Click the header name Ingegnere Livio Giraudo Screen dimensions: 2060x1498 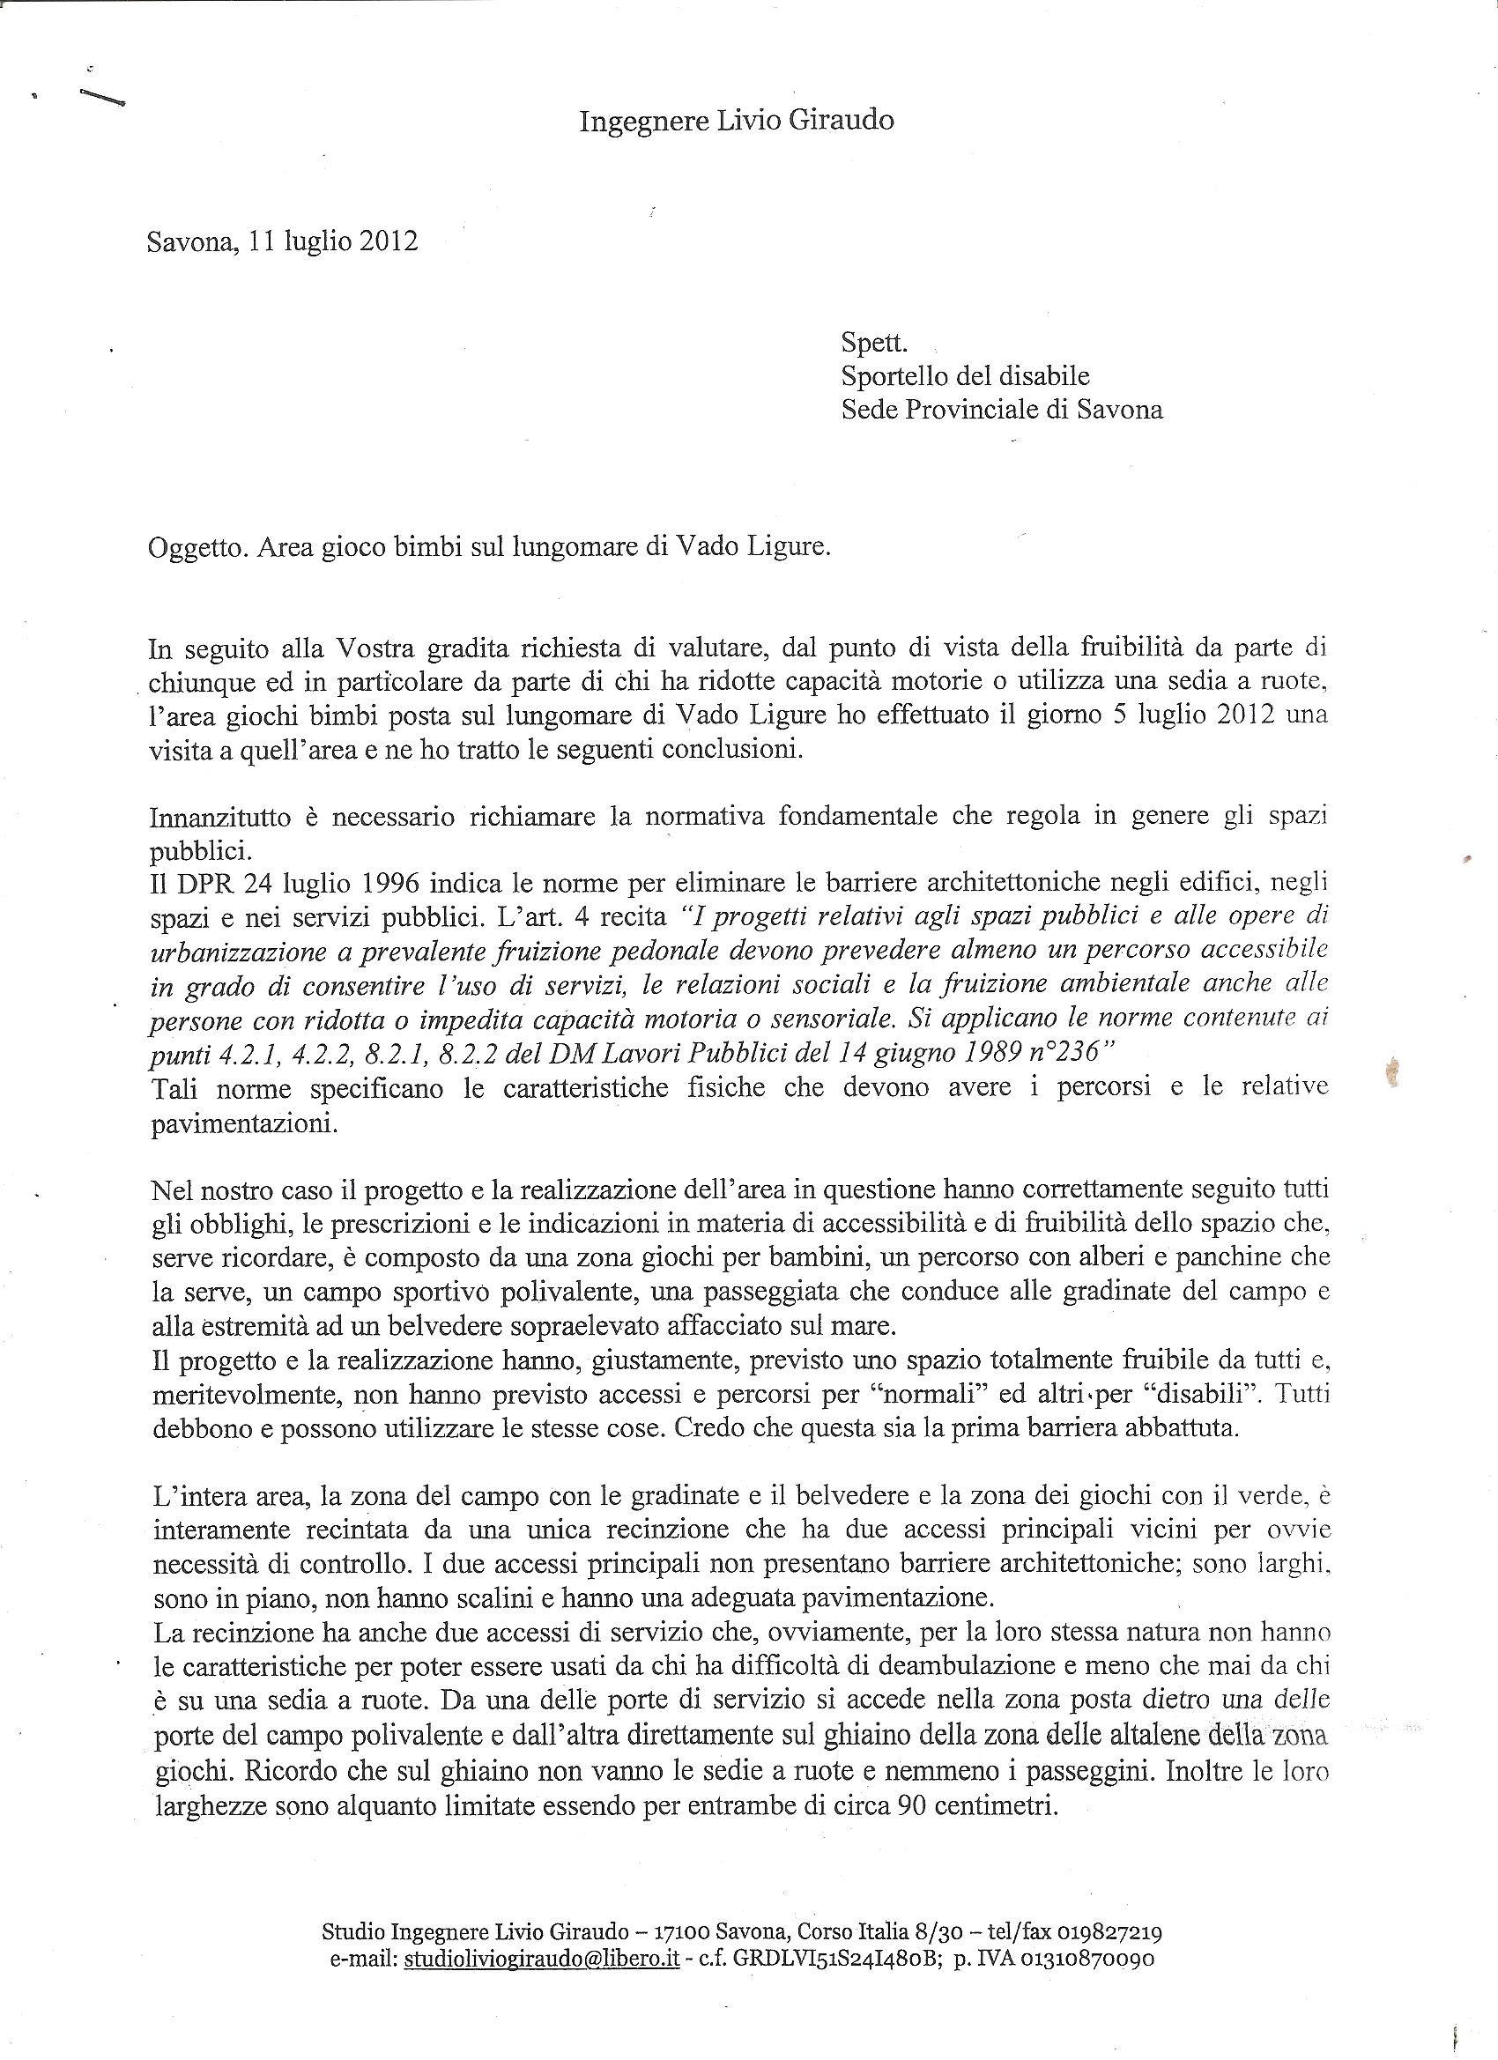736,121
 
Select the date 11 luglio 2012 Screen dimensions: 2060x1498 332,242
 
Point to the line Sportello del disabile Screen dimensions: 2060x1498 965,376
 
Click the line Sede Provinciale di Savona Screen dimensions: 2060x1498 1001,410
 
